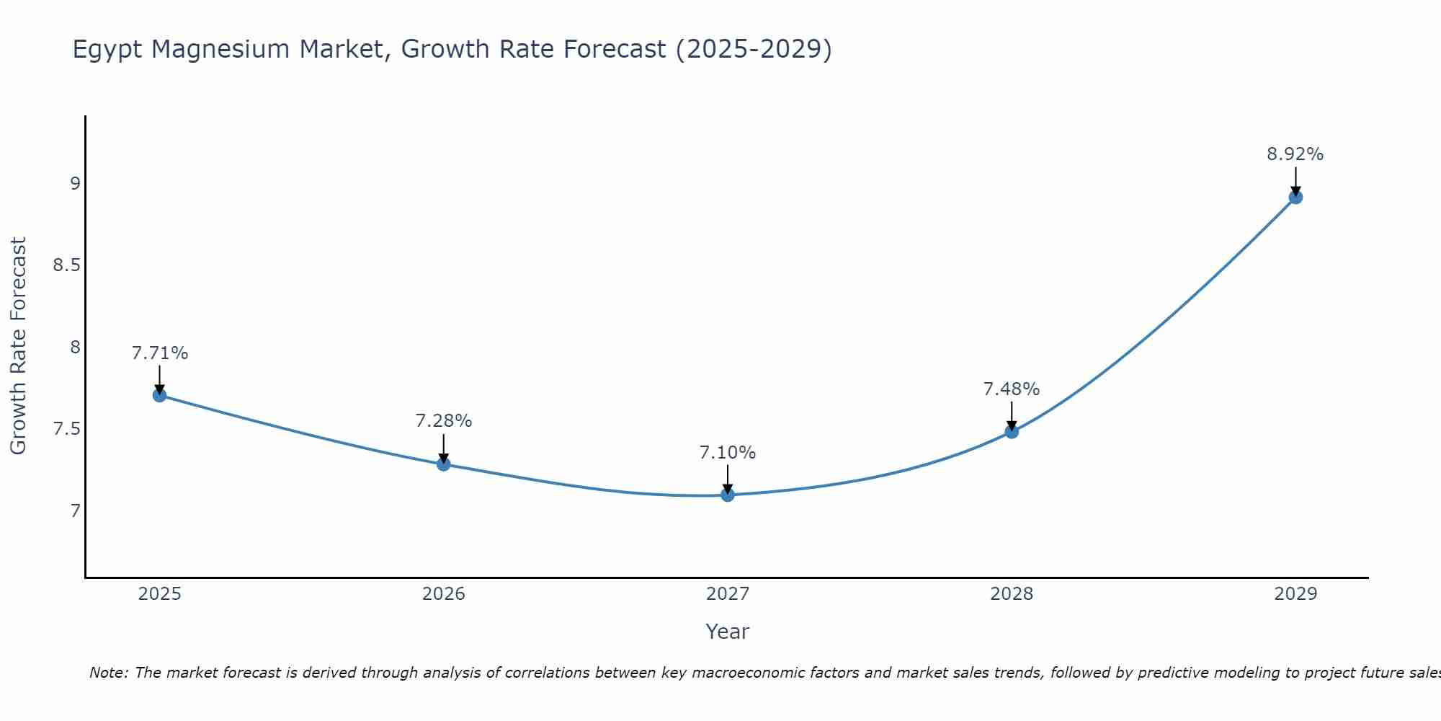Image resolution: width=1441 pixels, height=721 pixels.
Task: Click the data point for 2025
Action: (160, 395)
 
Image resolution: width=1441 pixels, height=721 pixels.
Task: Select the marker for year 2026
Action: (444, 464)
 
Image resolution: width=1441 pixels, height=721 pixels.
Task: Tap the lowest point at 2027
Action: (728, 495)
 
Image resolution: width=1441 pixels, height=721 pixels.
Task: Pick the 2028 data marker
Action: (1012, 432)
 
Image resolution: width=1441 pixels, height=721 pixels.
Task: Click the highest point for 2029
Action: (1295, 197)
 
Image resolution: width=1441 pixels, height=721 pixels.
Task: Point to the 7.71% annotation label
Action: (160, 353)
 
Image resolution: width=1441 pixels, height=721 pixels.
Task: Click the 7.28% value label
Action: (444, 421)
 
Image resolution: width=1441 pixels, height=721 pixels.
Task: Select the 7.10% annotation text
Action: (728, 453)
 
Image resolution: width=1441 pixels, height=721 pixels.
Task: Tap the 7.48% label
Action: (1012, 389)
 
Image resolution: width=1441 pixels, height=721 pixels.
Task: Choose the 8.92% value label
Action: (1295, 154)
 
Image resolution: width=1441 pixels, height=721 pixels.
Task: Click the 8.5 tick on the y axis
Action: (66, 265)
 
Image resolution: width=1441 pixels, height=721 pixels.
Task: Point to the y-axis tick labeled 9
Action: (75, 183)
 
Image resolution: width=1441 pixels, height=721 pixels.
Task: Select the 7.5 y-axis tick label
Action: (66, 429)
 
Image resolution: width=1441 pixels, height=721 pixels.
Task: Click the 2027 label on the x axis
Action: (728, 594)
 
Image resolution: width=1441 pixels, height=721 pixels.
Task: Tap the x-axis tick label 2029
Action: (1295, 594)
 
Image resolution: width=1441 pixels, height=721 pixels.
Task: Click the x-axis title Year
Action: (728, 632)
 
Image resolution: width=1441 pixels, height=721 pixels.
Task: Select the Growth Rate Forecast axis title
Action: (19, 346)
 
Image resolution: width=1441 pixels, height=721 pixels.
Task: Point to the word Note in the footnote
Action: (108, 673)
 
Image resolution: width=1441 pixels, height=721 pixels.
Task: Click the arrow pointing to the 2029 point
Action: (1295, 180)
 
